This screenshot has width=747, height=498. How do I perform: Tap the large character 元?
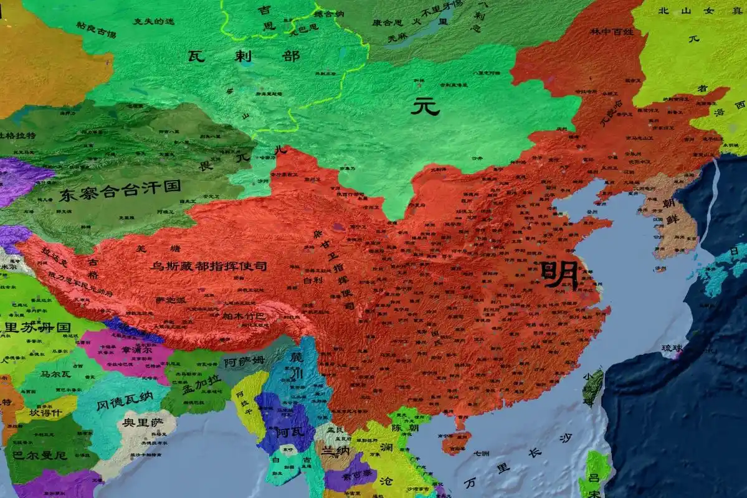(x=426, y=106)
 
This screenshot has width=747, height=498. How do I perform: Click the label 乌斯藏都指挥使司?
(x=209, y=266)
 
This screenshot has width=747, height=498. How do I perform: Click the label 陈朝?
(x=404, y=428)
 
